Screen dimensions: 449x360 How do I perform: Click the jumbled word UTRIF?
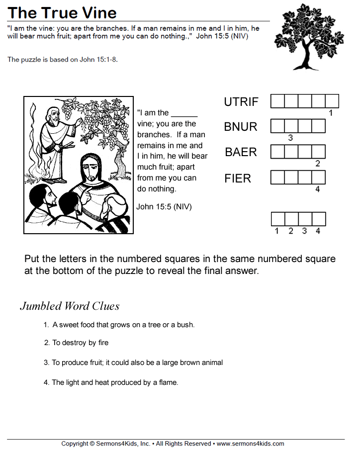click(x=241, y=102)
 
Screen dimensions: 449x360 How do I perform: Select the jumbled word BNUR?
click(x=241, y=127)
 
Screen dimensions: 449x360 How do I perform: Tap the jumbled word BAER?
click(x=241, y=152)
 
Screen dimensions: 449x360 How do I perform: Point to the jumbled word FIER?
click(x=238, y=178)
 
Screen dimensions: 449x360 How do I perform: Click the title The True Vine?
click(x=63, y=12)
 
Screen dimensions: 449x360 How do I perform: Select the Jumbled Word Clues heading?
click(x=70, y=306)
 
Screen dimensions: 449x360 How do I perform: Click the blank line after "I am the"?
click(x=184, y=113)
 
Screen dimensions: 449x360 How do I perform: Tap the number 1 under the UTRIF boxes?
click(x=331, y=113)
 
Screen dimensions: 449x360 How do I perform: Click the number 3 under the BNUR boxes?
click(x=290, y=138)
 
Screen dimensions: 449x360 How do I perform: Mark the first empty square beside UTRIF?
click(x=277, y=101)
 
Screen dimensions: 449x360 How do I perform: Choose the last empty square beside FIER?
click(x=319, y=178)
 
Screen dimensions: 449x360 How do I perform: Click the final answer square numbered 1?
click(x=277, y=219)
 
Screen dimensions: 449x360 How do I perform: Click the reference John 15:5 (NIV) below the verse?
click(x=164, y=206)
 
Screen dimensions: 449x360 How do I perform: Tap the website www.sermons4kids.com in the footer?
click(x=250, y=444)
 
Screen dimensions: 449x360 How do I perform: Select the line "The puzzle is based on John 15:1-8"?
click(x=63, y=60)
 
